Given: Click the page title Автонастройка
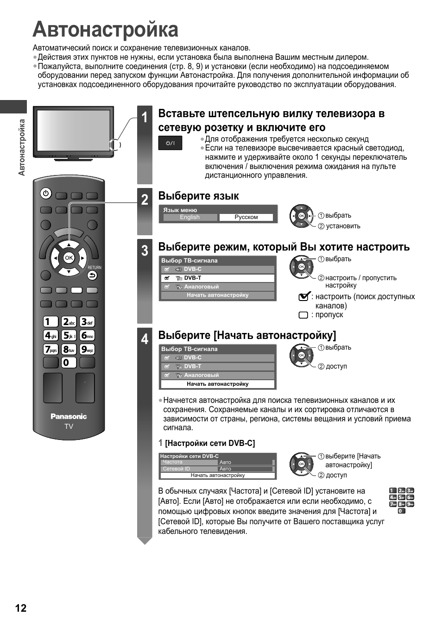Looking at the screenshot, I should coord(106,30).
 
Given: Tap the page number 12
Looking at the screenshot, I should coord(21,608).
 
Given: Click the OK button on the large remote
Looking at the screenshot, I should coord(69,257).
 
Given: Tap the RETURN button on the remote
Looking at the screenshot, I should coord(92,275).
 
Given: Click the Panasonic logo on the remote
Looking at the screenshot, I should coord(69,416).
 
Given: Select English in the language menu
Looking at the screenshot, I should coord(189,217).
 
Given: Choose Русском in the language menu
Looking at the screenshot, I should coord(246,217).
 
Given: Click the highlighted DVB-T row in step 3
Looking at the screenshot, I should coord(217,278).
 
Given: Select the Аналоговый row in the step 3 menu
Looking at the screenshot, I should coord(217,287).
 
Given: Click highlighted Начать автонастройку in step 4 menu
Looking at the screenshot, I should coord(217,384).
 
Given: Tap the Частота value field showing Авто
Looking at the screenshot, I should coord(246,462).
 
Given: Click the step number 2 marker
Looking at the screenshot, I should coord(145,200).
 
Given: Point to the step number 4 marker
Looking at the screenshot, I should coord(145,339).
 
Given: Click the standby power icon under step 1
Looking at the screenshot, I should coord(170,143).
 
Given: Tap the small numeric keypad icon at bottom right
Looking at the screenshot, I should coord(401,501).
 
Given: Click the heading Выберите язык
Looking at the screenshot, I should coord(199,196).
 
